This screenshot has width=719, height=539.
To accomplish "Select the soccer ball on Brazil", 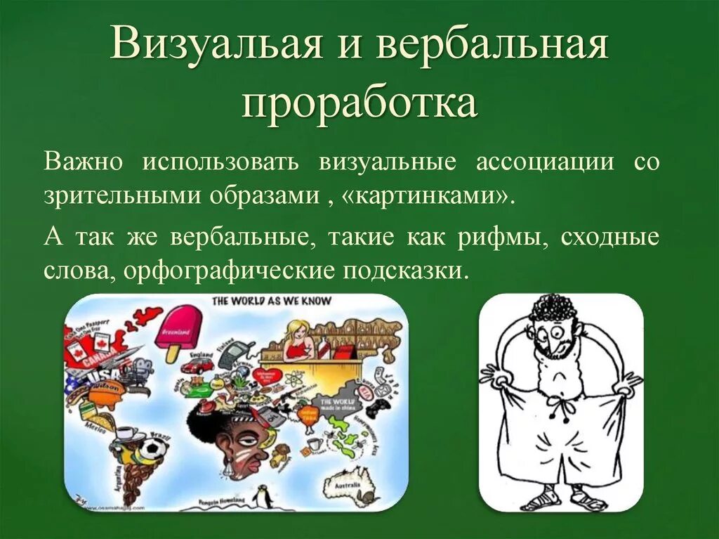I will pos(153,448).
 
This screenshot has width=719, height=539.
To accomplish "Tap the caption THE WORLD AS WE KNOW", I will pos(272,301).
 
